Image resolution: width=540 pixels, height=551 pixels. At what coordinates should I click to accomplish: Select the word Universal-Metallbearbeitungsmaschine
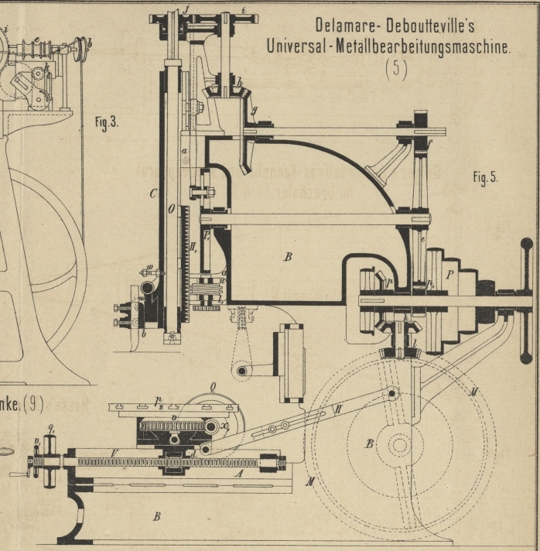coord(388,46)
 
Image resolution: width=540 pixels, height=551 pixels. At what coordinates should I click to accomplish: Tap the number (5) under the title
coord(395,69)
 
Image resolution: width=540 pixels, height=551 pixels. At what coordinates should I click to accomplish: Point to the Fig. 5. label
coord(485,177)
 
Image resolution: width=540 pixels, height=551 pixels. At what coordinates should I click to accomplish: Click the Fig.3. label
coord(106,122)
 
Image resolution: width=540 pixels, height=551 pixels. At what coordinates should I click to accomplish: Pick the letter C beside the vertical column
coord(153,193)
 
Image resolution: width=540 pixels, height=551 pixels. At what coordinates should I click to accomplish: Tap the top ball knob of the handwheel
coord(527,245)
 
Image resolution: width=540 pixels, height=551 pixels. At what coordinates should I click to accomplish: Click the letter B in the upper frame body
coord(287,257)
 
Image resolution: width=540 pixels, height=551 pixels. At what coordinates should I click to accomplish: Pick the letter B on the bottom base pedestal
coord(156,516)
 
